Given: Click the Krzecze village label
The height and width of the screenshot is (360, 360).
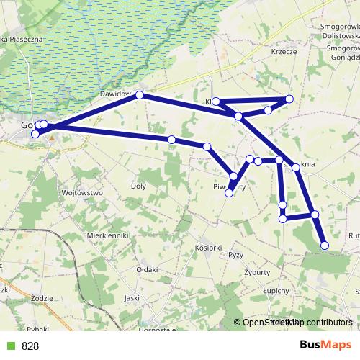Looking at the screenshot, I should (285, 51).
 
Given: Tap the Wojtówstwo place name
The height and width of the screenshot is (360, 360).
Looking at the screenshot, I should (84, 193).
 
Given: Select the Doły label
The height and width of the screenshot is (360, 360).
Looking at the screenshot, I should (138, 186).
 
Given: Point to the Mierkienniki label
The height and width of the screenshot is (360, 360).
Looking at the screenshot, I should (107, 235).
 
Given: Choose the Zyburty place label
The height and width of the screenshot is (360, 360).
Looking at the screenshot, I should (256, 272).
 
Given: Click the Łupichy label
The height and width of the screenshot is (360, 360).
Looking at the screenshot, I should (276, 290).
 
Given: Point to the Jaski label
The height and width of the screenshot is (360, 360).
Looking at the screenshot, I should (131, 297).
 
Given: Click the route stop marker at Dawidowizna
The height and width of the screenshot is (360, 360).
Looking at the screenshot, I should (140, 95).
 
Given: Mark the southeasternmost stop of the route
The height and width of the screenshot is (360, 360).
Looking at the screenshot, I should (324, 246).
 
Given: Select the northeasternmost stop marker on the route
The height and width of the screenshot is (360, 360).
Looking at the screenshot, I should (289, 99).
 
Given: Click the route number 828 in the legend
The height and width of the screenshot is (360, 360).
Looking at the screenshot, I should (30, 346).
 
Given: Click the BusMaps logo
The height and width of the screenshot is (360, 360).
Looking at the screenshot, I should (326, 345).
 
